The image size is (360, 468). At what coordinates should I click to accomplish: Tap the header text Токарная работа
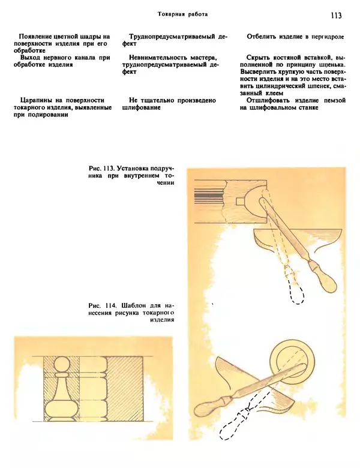(183, 14)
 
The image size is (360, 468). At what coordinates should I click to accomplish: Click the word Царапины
(40, 100)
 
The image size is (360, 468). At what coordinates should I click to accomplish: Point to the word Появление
(39, 37)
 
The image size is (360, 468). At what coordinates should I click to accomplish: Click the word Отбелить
(263, 37)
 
